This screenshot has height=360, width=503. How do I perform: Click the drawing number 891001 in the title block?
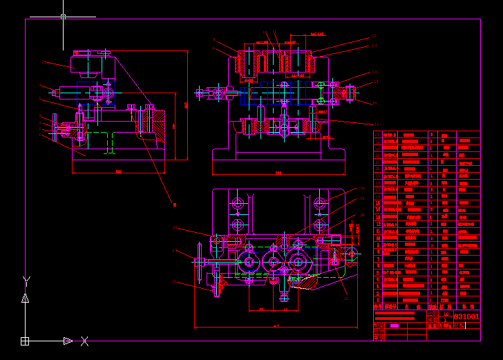coord(466,316)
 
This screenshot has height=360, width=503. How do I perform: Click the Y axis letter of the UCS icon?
coord(26,281)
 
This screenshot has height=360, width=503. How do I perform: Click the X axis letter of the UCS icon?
coord(85,341)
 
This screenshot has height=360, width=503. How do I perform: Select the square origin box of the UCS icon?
coord(25,341)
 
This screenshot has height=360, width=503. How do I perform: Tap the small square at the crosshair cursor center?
coord(63,16)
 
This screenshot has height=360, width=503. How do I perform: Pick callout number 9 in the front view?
coord(214,40)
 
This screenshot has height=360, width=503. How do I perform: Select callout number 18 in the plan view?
coord(362,187)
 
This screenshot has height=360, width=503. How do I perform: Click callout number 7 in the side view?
coord(42,64)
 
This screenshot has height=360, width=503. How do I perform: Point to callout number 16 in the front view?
coord(375,103)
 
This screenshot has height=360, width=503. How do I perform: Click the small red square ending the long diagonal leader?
coord(174,204)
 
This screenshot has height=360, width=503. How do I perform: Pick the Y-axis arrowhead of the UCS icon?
coord(25,297)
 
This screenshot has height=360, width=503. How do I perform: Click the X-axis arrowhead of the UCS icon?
coord(68,341)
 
